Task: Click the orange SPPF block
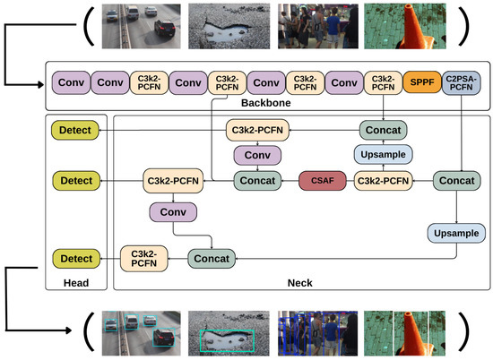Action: [x=420, y=84]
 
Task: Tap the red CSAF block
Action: [x=321, y=181]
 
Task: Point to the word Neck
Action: [x=300, y=283]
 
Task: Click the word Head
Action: [x=76, y=283]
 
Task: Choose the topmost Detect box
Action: [x=76, y=131]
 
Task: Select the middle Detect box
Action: [x=76, y=181]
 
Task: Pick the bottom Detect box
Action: [x=76, y=259]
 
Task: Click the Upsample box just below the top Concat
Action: [x=384, y=156]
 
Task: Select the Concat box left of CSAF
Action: [x=258, y=181]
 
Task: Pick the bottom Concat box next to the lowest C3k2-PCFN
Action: [x=212, y=259]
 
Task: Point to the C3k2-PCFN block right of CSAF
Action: [x=384, y=181]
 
